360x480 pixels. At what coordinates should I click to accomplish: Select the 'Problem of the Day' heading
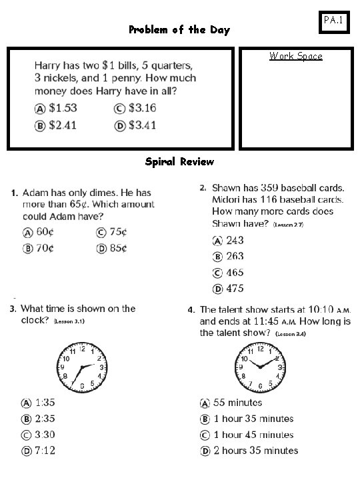(x=179, y=30)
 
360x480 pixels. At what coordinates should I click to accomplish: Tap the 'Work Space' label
(x=295, y=56)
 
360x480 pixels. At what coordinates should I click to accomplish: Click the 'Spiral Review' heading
(x=179, y=161)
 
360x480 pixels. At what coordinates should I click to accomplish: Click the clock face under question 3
(x=81, y=367)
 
